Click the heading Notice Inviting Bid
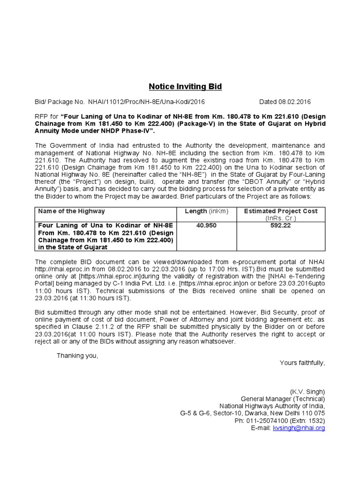(x=185, y=87)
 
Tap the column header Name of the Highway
(x=71, y=211)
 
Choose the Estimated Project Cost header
(x=281, y=211)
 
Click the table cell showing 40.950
(x=206, y=225)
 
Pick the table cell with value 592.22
(x=281, y=225)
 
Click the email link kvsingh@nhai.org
(x=299, y=428)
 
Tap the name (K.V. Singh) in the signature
(x=307, y=391)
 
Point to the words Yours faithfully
(x=302, y=363)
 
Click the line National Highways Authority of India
(x=272, y=406)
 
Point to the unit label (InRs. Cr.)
(x=281, y=218)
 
